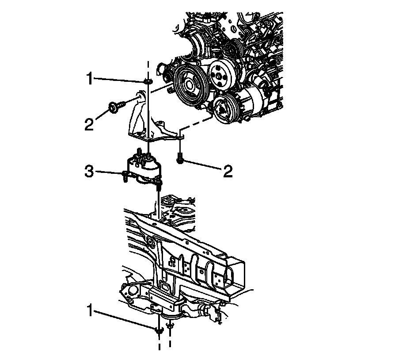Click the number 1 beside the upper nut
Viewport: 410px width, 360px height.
pos(90,80)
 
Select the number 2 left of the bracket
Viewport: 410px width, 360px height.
pos(90,124)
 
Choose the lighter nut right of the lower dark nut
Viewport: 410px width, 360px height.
pos(171,326)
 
